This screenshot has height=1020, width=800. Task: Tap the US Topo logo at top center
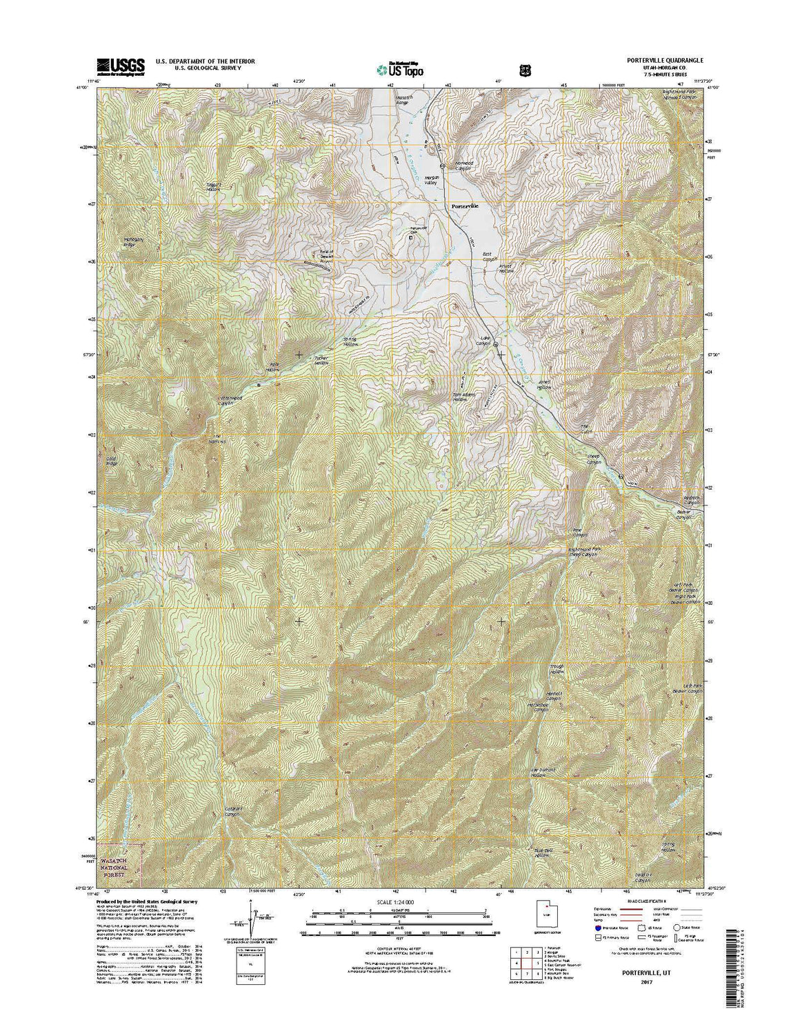[399, 68]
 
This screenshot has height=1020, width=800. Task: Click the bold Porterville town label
[464, 206]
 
